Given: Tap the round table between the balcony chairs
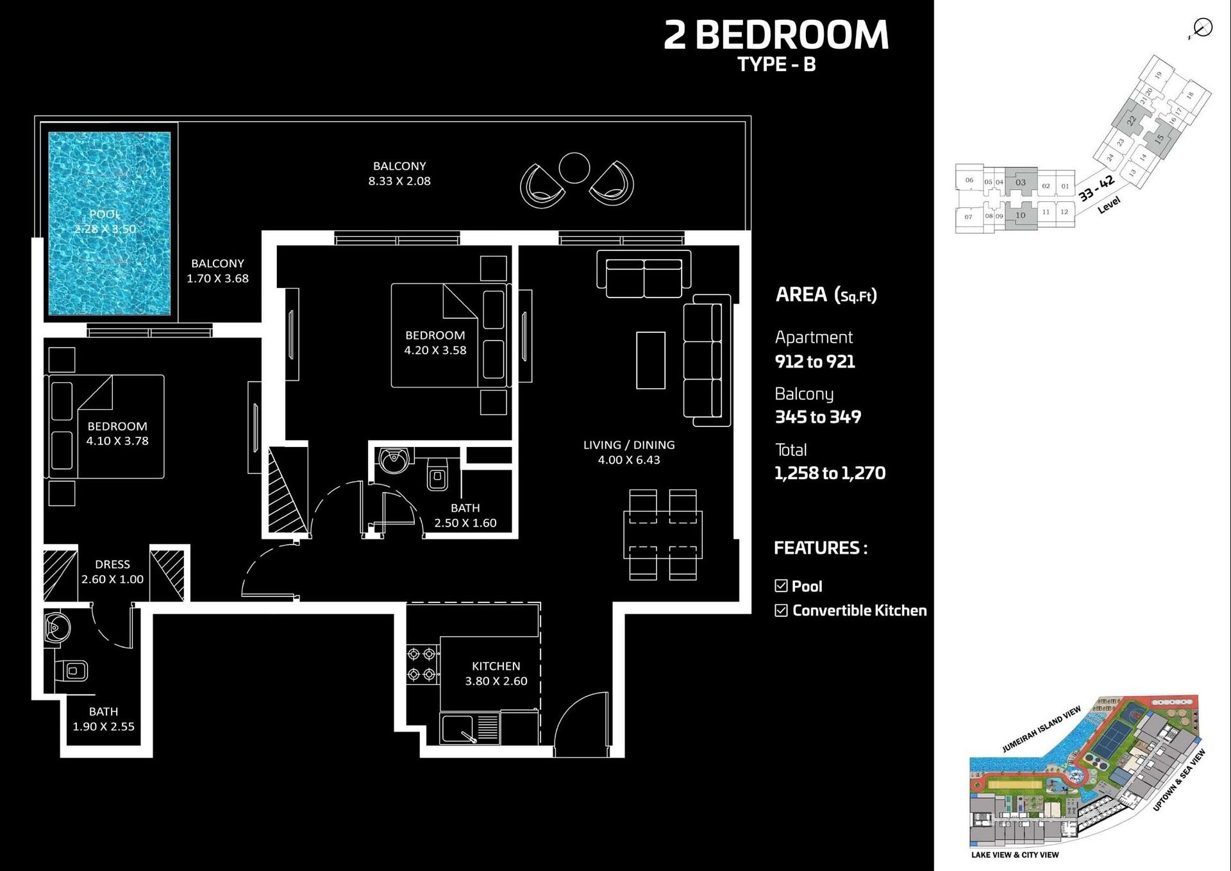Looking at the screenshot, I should [574, 168].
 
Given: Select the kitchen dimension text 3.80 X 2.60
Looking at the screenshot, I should [496, 681].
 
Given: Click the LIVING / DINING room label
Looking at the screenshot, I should [628, 444].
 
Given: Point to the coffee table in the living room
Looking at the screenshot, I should [650, 360].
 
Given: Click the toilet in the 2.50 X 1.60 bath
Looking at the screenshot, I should [437, 473].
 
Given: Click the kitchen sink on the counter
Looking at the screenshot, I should [458, 729].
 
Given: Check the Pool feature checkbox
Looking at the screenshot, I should [781, 586].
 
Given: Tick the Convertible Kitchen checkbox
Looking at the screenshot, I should [781, 610].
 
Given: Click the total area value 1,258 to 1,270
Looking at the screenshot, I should [830, 473].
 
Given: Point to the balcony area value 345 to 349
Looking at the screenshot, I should [817, 417].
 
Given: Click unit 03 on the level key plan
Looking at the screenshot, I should [1021, 182].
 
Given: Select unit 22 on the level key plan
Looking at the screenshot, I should [1131, 120].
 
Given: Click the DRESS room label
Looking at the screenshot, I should [112, 564].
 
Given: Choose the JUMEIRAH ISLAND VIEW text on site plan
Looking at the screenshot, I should [1041, 729].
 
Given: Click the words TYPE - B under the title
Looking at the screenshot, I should [776, 64].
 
